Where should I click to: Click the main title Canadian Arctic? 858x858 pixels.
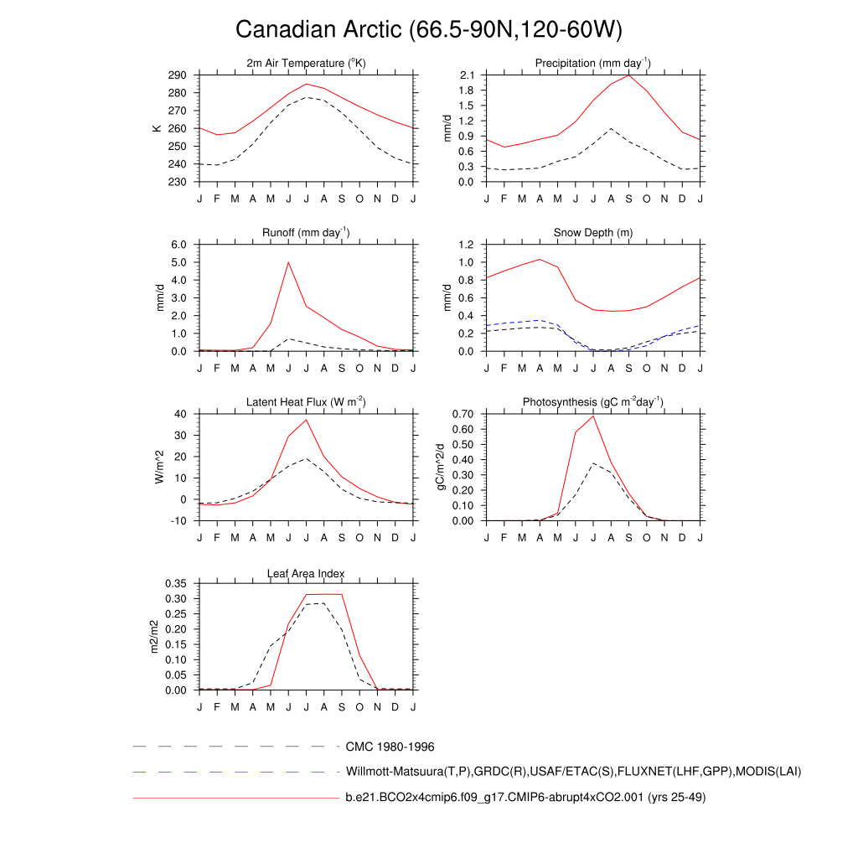428,30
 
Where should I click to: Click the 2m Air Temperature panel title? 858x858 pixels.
306,64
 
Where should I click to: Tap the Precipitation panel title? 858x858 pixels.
593,64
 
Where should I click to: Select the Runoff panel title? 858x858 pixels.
306,233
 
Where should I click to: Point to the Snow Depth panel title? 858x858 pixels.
593,233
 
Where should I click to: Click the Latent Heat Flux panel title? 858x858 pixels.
306,402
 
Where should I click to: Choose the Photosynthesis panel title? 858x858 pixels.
593,402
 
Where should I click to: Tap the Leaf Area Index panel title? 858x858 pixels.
306,573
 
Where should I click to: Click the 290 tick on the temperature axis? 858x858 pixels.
177,75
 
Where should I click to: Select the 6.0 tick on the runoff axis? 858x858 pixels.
180,245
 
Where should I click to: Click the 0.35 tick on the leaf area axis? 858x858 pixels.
174,584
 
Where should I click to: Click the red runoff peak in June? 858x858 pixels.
288,262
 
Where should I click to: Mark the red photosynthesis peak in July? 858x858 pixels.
593,416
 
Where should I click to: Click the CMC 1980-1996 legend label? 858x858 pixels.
390,746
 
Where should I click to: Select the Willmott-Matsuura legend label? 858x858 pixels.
573,772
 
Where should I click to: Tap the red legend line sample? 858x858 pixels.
235,799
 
